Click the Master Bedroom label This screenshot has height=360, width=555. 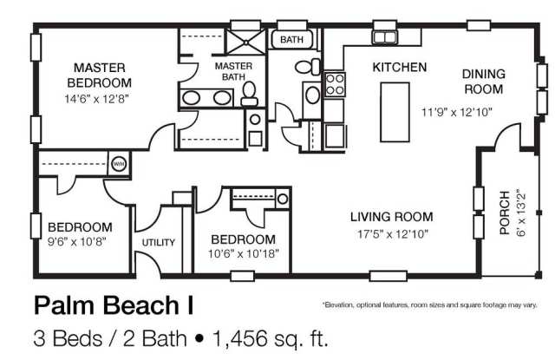(99, 75)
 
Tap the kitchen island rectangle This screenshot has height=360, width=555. (395, 112)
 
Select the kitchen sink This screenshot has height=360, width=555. (385, 37)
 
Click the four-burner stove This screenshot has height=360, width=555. (335, 84)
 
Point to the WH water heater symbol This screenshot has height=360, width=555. (119, 164)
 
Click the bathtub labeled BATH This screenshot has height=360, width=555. (291, 39)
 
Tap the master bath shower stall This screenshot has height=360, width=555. (245, 43)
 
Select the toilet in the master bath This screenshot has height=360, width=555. (250, 94)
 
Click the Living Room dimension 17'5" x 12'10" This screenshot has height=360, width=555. (392, 233)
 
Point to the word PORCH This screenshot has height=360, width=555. (505, 213)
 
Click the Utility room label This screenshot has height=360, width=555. (158, 243)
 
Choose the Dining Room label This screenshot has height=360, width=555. (484, 82)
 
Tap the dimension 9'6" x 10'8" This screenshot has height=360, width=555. (77, 242)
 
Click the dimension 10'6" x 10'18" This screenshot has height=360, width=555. (243, 253)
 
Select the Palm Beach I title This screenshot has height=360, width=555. (114, 305)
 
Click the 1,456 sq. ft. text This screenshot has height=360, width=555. (270, 338)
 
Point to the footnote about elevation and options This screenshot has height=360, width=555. (430, 304)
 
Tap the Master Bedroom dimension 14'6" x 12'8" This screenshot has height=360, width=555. (96, 99)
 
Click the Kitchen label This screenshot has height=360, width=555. (400, 68)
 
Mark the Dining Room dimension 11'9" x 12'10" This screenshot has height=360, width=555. (457, 112)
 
